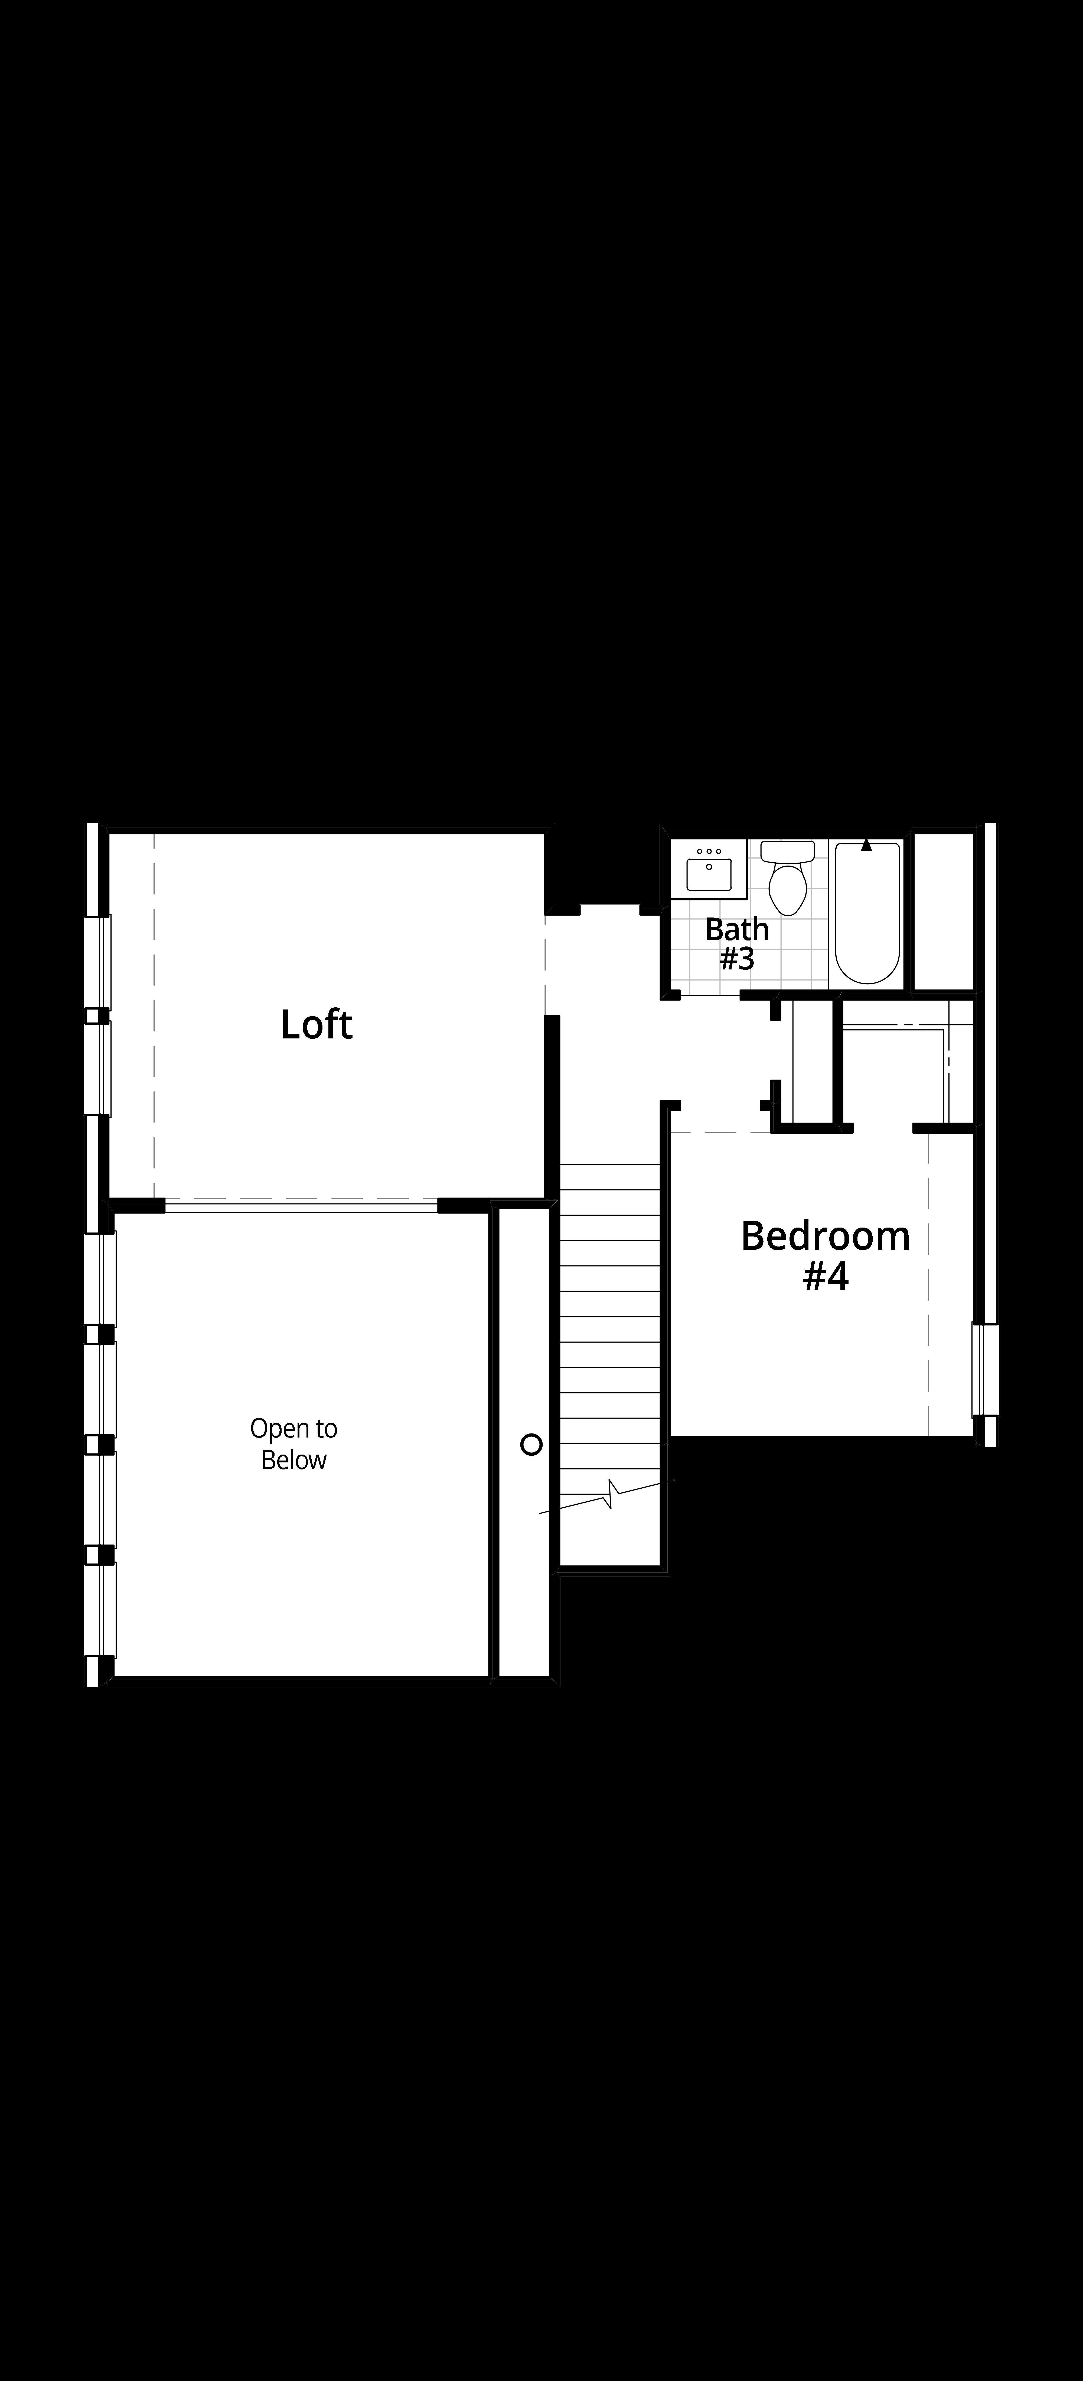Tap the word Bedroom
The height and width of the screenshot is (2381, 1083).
825,1236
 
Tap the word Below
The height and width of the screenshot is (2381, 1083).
294,1461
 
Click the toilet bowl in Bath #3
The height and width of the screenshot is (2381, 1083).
788,889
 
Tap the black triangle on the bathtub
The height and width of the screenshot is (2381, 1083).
867,845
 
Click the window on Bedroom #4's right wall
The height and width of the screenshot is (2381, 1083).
985,1370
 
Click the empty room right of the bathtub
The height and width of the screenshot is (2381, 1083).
944,911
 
